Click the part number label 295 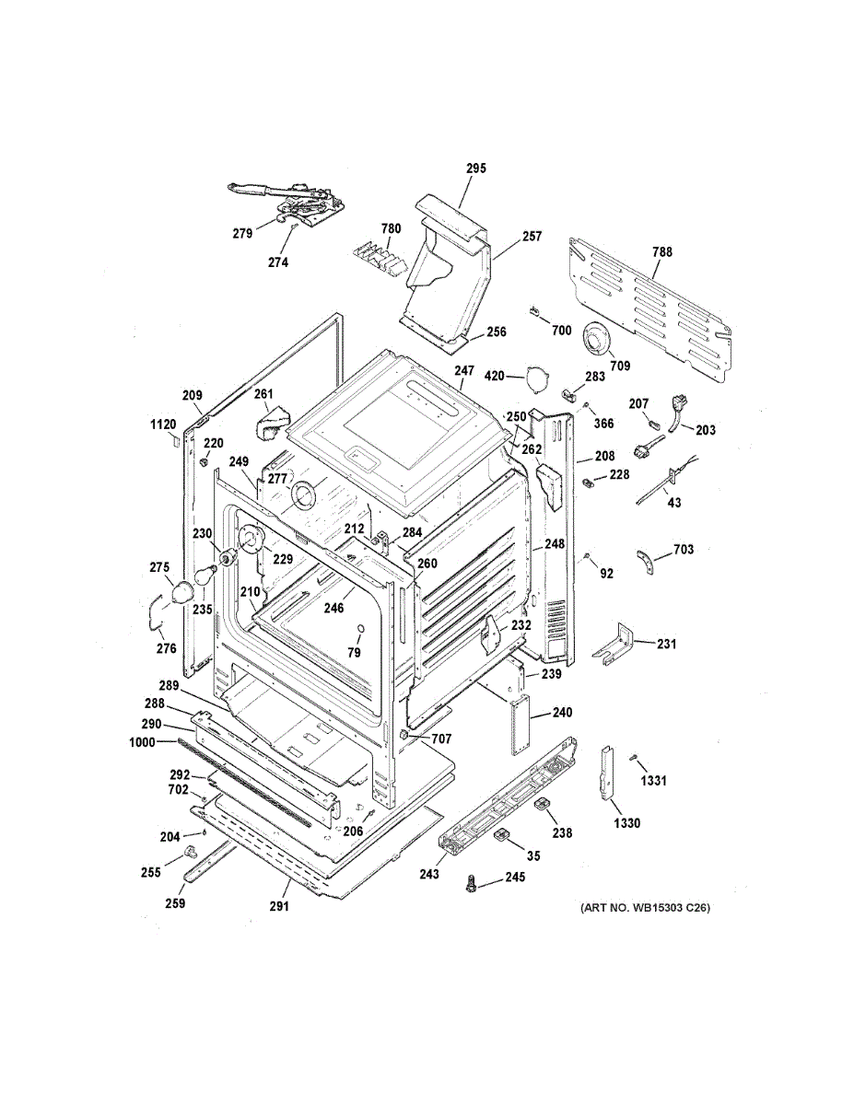[x=476, y=169]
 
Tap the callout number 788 [x=661, y=251]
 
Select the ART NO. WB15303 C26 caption [x=645, y=907]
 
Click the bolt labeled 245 [x=470, y=882]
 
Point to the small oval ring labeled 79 [x=360, y=630]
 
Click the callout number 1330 [x=626, y=823]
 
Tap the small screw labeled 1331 [x=634, y=758]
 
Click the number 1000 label [x=142, y=743]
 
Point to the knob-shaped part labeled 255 [x=191, y=851]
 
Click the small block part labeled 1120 [x=175, y=439]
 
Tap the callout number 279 [x=242, y=233]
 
